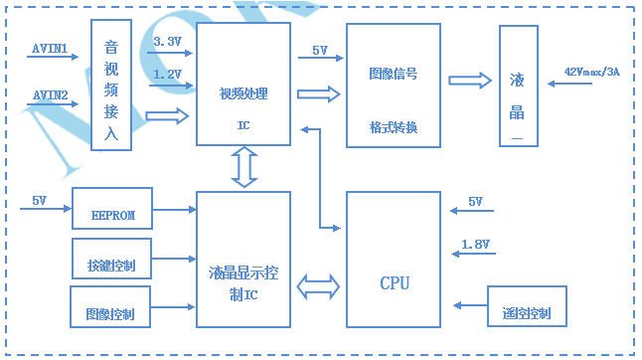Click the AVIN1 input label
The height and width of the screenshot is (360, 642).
click(50, 49)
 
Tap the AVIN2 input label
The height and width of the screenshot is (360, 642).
click(50, 95)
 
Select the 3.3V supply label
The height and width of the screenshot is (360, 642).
click(167, 42)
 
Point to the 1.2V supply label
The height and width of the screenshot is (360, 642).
click(167, 75)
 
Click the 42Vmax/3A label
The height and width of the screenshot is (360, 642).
click(591, 72)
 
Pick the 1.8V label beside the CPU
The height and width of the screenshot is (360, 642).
click(475, 245)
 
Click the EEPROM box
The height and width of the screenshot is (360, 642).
click(112, 209)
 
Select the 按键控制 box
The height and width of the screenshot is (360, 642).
click(111, 259)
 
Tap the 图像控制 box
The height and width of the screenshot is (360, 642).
click(110, 306)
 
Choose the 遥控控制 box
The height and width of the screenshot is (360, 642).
click(527, 306)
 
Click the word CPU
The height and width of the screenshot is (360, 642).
click(395, 283)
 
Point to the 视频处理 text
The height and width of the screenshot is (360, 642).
click(243, 93)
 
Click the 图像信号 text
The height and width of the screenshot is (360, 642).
click(394, 74)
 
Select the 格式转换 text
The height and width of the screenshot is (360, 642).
click(394, 127)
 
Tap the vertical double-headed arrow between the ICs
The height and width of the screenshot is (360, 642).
click(244, 167)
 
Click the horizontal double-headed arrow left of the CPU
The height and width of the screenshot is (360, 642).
click(318, 286)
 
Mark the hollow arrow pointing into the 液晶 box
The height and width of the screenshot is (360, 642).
click(470, 81)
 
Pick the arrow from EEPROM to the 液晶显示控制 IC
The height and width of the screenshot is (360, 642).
click(175, 210)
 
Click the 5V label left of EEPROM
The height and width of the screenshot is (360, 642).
click(40, 201)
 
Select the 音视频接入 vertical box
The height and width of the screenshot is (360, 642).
click(111, 85)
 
